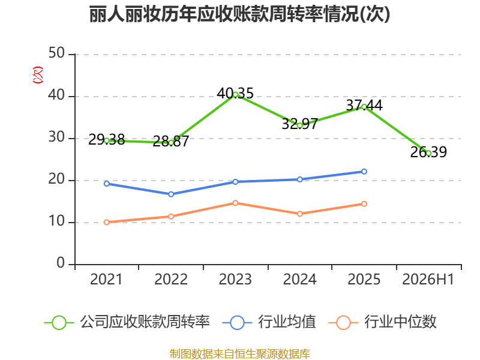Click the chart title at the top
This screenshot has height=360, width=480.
pyautogui.click(x=239, y=14)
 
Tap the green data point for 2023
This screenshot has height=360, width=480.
pyautogui.click(x=235, y=95)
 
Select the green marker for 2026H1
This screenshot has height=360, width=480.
pyautogui.click(x=428, y=153)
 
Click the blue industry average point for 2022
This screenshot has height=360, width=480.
pyautogui.click(x=171, y=194)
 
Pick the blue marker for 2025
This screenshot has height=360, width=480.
pyautogui.click(x=364, y=172)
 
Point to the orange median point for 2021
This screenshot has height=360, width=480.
pyautogui.click(x=107, y=222)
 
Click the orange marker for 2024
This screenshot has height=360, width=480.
pyautogui.click(x=299, y=214)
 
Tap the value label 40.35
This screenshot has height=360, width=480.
pyautogui.click(x=235, y=94)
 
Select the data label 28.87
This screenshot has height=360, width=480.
pyautogui.click(x=171, y=141)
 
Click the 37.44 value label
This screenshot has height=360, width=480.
pyautogui.click(x=364, y=106)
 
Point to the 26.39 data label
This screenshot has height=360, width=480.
pyautogui.click(x=428, y=152)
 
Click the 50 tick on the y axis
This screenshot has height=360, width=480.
pyautogui.click(x=56, y=53)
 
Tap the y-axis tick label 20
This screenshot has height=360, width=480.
pyautogui.click(x=56, y=179)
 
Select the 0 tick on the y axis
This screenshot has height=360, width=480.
pyautogui.click(x=61, y=263)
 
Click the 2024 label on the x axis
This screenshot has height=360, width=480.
pyautogui.click(x=299, y=280)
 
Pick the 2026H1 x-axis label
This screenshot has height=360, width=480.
pyautogui.click(x=428, y=280)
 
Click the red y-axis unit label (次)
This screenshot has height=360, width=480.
pyautogui.click(x=38, y=74)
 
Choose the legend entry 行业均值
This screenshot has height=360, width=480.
pyautogui.click(x=269, y=322)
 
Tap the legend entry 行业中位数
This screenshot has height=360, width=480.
pyautogui.click(x=383, y=322)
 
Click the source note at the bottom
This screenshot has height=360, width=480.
pyautogui.click(x=240, y=354)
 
